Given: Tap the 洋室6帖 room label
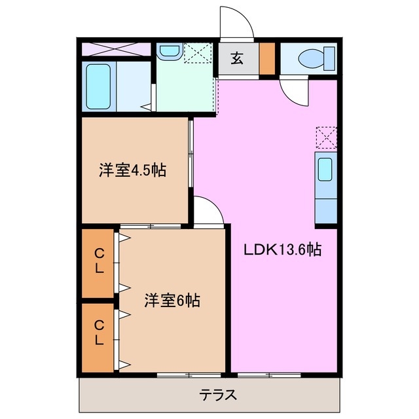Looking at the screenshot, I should click(x=172, y=301).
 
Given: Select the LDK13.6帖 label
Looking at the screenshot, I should click(x=282, y=249).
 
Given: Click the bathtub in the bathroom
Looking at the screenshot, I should click(x=100, y=88).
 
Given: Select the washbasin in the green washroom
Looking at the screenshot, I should click(x=170, y=52).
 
